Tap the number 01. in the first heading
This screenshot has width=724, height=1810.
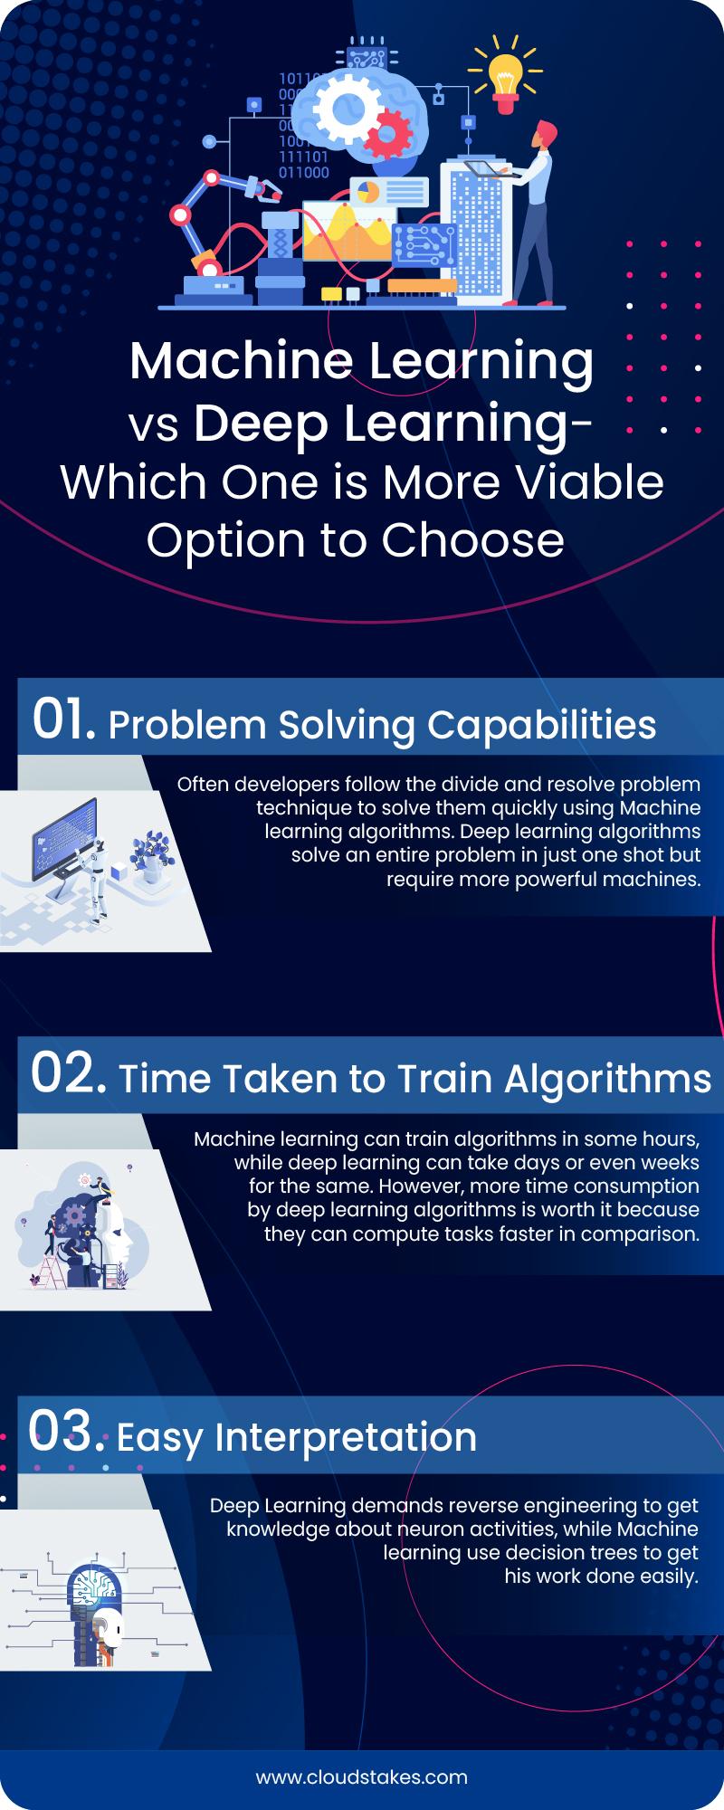[63, 721]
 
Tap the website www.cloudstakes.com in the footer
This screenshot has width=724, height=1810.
[362, 1776]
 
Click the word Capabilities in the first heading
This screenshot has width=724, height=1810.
[542, 726]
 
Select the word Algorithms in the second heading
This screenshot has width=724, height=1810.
[607, 1079]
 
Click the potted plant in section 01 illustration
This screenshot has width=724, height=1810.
[148, 856]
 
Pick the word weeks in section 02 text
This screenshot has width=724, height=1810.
[671, 1161]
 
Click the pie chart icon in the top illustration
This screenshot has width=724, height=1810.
[367, 192]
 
